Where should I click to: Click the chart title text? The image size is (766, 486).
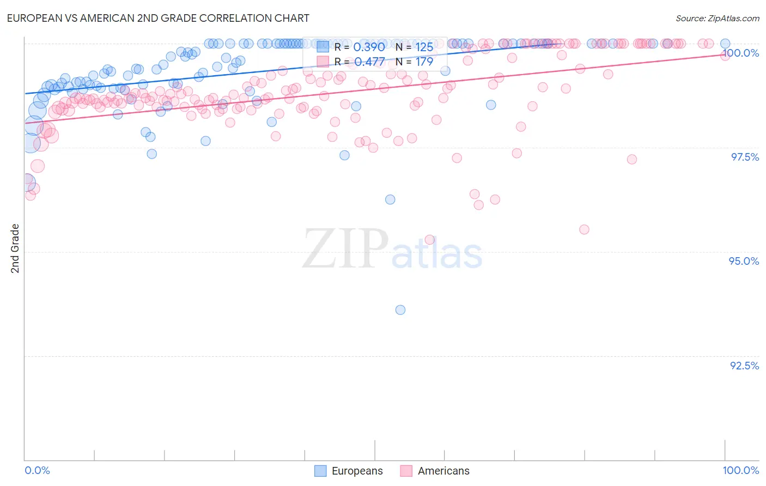[x=158, y=18]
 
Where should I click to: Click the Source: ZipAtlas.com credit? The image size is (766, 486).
[x=717, y=19]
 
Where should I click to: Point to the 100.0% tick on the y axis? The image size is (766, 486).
[x=740, y=53]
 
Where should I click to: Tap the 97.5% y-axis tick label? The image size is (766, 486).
[x=745, y=157]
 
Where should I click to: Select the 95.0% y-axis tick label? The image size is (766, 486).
[x=744, y=261]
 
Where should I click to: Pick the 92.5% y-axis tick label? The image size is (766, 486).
[x=744, y=366]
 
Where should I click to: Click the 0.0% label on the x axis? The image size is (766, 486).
[x=37, y=470]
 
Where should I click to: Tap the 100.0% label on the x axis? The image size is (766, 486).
[x=740, y=470]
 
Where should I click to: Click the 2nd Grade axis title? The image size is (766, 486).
[x=15, y=248]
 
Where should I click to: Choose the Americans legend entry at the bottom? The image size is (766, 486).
[x=435, y=471]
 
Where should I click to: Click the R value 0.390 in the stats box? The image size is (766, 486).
[x=369, y=47]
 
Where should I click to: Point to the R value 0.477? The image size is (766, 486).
[x=369, y=62]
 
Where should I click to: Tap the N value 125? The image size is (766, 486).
[x=424, y=47]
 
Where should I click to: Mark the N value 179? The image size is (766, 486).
[x=424, y=62]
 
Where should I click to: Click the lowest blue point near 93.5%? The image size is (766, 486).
[x=400, y=310]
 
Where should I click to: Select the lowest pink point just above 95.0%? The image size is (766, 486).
[x=429, y=240]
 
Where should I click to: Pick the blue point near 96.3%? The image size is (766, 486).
[x=390, y=199]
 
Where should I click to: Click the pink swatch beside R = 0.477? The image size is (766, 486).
[x=323, y=62]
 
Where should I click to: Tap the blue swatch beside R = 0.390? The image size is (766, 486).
[x=323, y=47]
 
